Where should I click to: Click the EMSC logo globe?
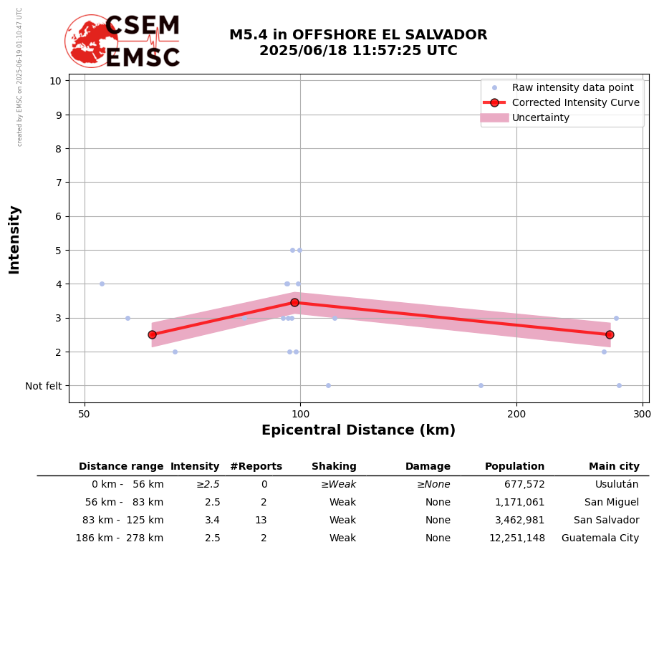(x=91, y=41)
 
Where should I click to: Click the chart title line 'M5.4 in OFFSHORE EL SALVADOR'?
(x=358, y=35)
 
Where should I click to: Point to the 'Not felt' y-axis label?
(x=44, y=386)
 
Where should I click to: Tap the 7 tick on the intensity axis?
(x=55, y=183)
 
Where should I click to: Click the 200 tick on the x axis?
(x=516, y=415)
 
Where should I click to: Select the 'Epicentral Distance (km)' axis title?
(x=358, y=430)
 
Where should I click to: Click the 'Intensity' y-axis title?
(x=14, y=239)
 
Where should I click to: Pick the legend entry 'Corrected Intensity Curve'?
(x=575, y=102)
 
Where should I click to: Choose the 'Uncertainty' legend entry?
(x=540, y=117)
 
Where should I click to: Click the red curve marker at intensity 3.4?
(x=294, y=302)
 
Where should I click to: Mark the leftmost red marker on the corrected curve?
(x=152, y=334)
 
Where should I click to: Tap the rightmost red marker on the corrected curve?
(x=610, y=334)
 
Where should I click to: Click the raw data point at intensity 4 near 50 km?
(x=102, y=284)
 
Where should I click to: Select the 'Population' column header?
(x=514, y=467)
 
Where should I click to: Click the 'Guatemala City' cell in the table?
(x=600, y=538)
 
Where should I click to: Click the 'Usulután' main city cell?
(x=616, y=485)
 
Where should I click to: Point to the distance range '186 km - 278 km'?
(x=120, y=538)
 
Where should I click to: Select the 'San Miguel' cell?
(x=611, y=503)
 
